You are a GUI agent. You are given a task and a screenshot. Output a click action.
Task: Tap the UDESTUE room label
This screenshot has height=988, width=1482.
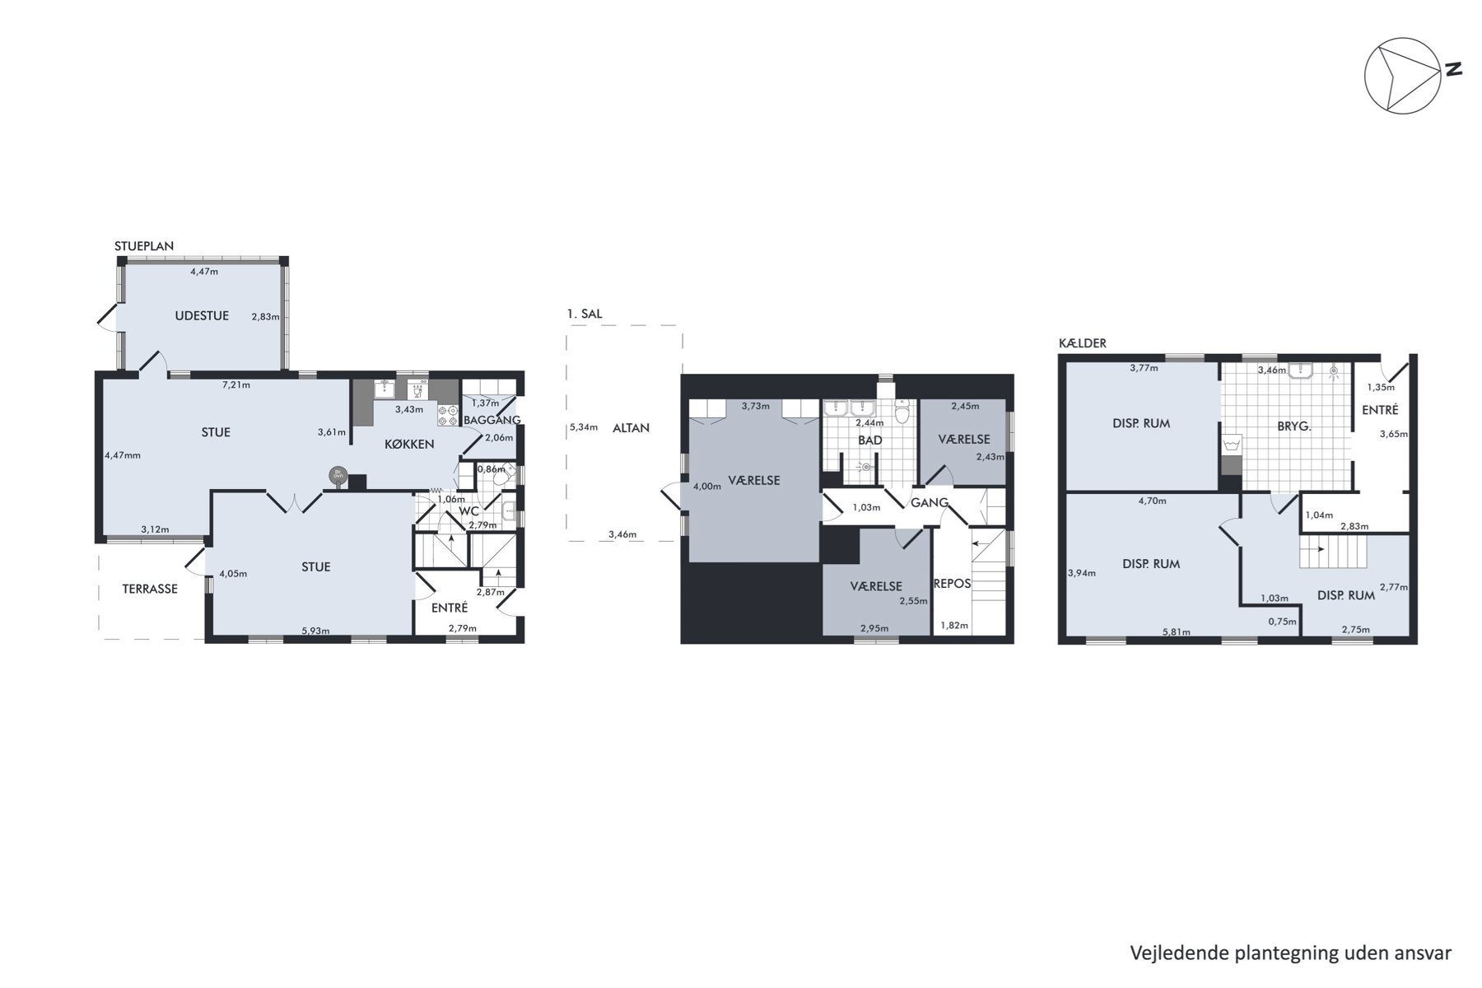pyautogui.click(x=202, y=315)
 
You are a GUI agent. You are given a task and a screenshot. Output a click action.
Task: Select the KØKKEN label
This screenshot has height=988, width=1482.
pyautogui.click(x=409, y=445)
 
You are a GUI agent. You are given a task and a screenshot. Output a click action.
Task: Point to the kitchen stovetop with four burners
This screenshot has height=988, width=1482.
pyautogui.click(x=448, y=415)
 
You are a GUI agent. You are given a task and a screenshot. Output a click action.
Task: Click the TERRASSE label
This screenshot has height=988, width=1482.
pyautogui.click(x=150, y=589)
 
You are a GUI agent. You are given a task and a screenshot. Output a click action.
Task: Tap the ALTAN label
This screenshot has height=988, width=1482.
pyautogui.click(x=631, y=428)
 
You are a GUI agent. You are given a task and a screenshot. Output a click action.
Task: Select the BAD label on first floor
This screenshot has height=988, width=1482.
pyautogui.click(x=870, y=440)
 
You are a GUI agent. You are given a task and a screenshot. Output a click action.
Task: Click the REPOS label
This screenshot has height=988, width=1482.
pyautogui.click(x=952, y=584)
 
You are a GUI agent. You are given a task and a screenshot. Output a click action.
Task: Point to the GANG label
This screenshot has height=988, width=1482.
pyautogui.click(x=930, y=503)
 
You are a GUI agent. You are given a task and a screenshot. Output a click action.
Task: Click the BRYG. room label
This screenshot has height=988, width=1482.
pyautogui.click(x=1293, y=426)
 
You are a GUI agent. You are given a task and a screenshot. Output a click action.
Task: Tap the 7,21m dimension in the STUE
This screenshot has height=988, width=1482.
pyautogui.click(x=236, y=384)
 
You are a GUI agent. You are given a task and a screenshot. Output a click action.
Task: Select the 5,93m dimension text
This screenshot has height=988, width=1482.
pyautogui.click(x=315, y=631)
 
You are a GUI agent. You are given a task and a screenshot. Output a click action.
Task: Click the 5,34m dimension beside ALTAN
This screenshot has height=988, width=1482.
pyautogui.click(x=584, y=427)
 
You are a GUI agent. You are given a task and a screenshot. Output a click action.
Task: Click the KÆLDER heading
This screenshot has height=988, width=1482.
pyautogui.click(x=1082, y=343)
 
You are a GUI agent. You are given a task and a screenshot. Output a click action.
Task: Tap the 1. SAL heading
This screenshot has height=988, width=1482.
pyautogui.click(x=585, y=314)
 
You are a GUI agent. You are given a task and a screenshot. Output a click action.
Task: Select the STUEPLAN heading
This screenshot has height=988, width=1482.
pyautogui.click(x=144, y=246)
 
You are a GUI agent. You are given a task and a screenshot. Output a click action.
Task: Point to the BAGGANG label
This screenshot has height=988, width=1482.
pyautogui.click(x=492, y=420)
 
